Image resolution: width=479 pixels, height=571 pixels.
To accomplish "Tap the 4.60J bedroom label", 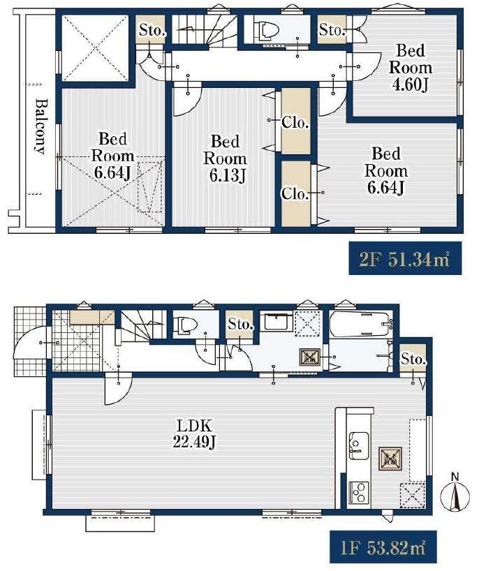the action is pos(411,68).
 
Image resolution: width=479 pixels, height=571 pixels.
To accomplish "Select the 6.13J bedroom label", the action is pos(225,158).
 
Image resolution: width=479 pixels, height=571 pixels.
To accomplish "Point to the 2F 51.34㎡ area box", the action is pos(405,258).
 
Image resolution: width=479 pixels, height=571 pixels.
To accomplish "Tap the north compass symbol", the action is pos(455,494).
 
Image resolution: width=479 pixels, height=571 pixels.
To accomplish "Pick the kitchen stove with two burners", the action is pos(359,492).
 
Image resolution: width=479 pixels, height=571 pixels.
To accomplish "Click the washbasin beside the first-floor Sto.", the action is pos(279,321).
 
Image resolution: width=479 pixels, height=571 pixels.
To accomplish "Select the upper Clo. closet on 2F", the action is pos(296,121).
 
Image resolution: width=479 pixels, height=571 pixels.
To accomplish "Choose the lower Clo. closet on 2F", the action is pos(296,194).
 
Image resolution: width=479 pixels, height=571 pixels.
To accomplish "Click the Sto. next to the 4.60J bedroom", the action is pos(332,29).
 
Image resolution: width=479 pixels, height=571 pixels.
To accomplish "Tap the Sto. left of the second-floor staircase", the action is pos(151,29).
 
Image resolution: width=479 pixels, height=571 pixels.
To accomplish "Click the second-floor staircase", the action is pos(205,29).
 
